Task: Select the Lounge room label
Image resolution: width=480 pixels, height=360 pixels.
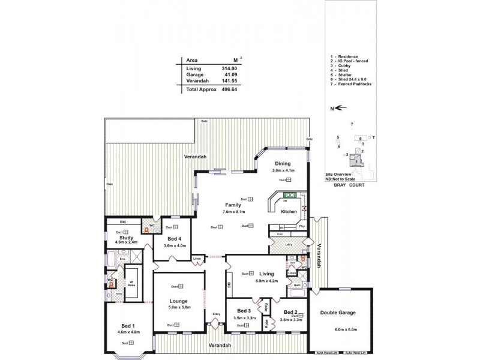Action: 179,301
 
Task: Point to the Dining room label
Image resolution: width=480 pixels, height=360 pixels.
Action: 283,164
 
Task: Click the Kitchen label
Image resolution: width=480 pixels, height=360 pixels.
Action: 289,212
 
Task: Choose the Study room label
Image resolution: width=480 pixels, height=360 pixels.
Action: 126,237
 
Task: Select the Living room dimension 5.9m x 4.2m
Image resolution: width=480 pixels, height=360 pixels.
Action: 267,281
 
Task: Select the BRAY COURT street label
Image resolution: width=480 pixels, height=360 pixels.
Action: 350,186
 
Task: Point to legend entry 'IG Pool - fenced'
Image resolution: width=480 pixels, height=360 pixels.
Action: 352,61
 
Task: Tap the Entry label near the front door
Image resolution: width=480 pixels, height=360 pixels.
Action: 217,314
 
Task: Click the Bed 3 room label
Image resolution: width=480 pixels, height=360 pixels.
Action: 243,311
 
